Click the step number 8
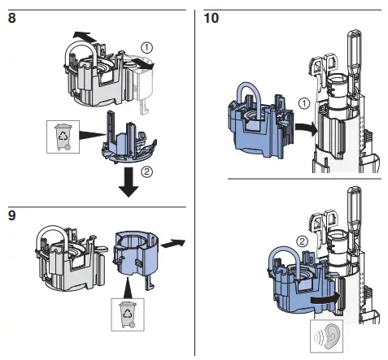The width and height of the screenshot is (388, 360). (x=12, y=17)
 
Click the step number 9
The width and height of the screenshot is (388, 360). (x=12, y=218)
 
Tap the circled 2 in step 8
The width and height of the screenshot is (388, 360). (x=146, y=171)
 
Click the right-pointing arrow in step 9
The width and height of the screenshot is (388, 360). (x=173, y=241)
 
